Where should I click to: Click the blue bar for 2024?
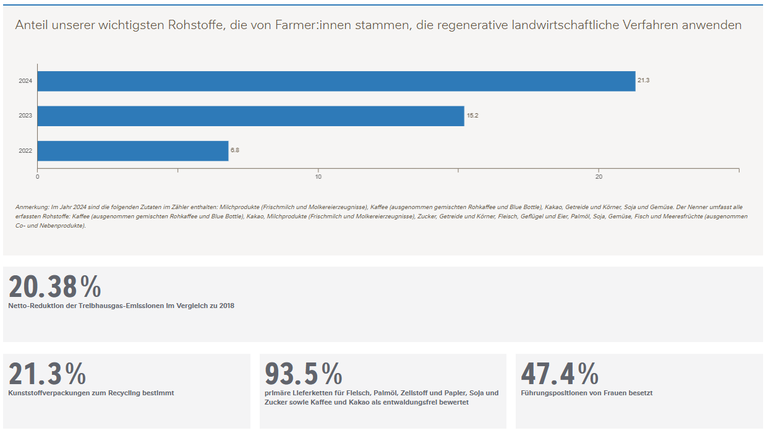point(336,81)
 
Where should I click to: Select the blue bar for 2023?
point(251,116)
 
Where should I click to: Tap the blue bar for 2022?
point(133,150)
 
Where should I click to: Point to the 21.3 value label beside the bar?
point(643,81)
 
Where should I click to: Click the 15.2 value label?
point(472,116)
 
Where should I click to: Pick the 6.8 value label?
point(235,150)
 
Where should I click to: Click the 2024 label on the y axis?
point(25,81)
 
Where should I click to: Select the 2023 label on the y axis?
point(25,116)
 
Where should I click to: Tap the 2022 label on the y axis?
point(25,150)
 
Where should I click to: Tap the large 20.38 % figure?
point(54,287)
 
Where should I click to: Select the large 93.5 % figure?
point(303,374)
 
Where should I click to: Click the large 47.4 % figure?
point(559,374)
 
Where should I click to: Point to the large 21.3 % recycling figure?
point(47,374)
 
